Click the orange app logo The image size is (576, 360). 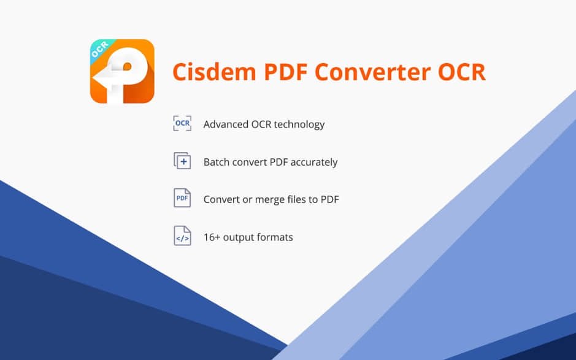(122, 71)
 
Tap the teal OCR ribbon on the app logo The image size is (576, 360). (101, 51)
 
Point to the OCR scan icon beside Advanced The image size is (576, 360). (182, 123)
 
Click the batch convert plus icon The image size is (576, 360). (182, 161)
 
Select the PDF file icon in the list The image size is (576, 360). (182, 198)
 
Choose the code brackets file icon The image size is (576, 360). (182, 236)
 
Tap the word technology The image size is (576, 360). (299, 125)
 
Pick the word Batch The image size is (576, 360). (217, 163)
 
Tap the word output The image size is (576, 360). (239, 238)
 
